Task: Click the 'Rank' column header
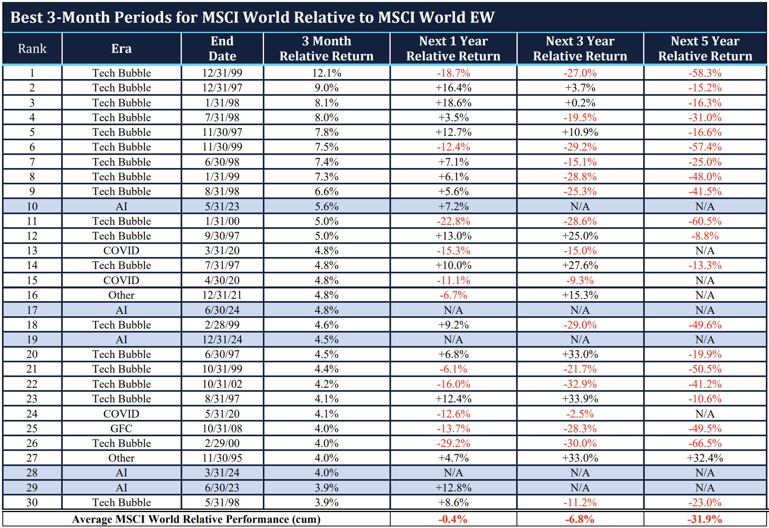pos(32,48)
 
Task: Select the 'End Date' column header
pos(222,48)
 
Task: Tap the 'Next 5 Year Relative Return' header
pos(705,48)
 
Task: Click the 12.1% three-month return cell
pos(326,73)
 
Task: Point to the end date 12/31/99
pos(222,73)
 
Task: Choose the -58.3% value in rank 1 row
pos(705,73)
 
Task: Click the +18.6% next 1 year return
pos(453,103)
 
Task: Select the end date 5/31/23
pos(222,207)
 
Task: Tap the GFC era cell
pos(121,429)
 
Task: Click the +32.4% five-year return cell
pos(705,458)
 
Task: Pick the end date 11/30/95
pos(222,458)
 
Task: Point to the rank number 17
pos(32,310)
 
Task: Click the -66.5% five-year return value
pos(705,443)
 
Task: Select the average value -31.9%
pos(705,519)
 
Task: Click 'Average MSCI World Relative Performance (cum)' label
pos(196,519)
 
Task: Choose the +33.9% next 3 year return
pos(580,399)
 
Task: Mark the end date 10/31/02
pos(222,384)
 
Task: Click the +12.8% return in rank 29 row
pos(453,488)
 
